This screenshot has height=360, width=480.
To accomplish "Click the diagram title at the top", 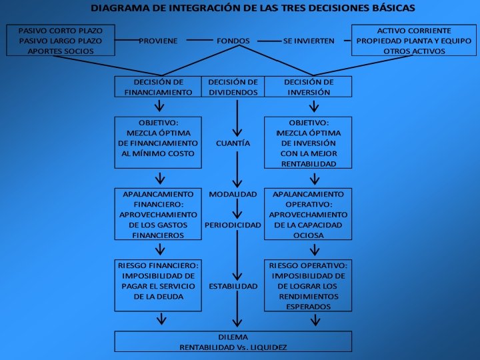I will click(252, 9).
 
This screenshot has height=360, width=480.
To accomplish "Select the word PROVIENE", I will click(158, 41).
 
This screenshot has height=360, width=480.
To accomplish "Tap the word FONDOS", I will click(233, 41).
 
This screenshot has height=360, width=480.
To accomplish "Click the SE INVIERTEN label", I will click(309, 41).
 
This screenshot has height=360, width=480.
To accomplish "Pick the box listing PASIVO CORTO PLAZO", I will click(60, 41).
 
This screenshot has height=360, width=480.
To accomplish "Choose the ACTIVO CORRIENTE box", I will click(413, 41).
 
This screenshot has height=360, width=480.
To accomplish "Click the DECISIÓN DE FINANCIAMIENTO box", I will click(158, 87).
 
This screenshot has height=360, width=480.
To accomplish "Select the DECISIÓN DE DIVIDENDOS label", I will click(233, 87).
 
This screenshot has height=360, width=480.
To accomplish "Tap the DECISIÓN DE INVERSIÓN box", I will click(308, 87).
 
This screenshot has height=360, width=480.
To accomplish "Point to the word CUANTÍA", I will click(233, 143).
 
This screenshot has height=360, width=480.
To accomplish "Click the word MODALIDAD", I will click(233, 194).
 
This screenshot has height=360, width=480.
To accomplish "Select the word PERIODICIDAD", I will click(233, 225).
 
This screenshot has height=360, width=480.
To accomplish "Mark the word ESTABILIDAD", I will click(233, 286).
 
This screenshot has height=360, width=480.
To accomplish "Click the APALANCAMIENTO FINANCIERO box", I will click(158, 215).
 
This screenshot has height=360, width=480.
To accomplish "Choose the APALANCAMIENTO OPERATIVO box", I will click(308, 215).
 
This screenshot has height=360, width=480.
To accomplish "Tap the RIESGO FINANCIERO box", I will click(158, 285).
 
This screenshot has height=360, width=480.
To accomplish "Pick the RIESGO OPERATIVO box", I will click(308, 285).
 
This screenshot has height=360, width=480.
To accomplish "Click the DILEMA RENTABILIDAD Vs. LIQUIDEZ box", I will click(233, 341).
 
